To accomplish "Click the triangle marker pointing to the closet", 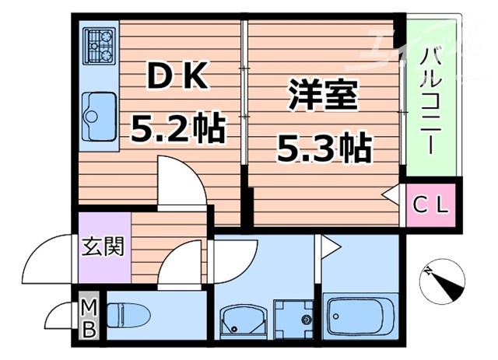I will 393,195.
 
